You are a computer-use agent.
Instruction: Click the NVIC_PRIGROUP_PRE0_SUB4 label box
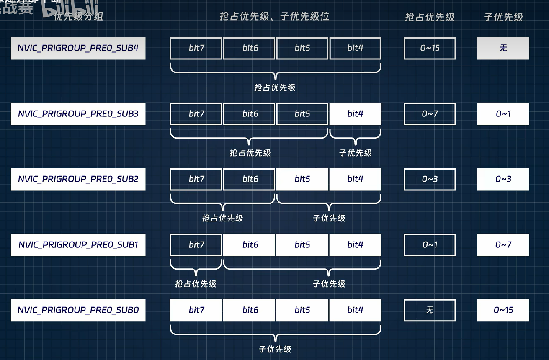click(x=78, y=48)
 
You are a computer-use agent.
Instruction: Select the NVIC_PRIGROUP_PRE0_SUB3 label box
click(x=78, y=113)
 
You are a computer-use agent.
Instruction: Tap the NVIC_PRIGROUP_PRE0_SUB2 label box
click(x=78, y=179)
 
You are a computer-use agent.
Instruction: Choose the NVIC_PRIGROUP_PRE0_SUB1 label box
click(x=78, y=244)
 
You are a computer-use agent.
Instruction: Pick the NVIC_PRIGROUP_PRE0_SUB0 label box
click(x=78, y=310)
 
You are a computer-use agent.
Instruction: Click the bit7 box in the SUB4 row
click(x=196, y=48)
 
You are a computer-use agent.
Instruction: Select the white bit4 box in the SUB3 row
click(x=355, y=113)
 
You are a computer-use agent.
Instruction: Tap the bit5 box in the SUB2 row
click(x=302, y=179)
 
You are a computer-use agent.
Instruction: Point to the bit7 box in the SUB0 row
click(x=196, y=310)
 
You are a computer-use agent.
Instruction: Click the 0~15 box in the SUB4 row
click(x=430, y=48)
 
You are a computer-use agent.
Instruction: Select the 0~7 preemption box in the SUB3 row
click(x=430, y=113)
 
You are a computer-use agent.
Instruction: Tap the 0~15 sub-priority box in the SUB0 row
click(x=503, y=310)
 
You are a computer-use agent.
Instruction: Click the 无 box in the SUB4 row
click(x=503, y=48)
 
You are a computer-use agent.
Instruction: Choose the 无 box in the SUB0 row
click(x=430, y=310)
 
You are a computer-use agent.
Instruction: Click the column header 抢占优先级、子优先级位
click(x=275, y=16)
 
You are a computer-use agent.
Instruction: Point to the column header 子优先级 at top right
click(x=503, y=17)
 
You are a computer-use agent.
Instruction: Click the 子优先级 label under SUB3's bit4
click(x=356, y=153)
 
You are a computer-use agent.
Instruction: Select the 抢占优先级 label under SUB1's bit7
click(x=196, y=284)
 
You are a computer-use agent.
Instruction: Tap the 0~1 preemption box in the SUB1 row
click(x=430, y=244)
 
